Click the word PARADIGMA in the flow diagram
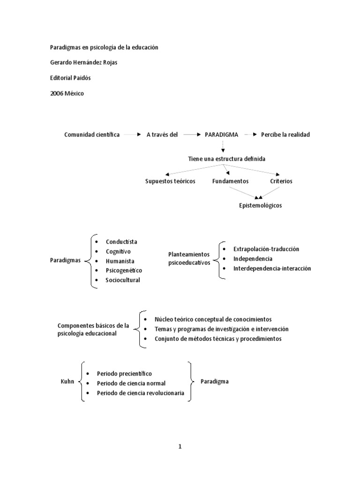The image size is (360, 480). tap(221, 135)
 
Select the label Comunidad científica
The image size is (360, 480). tap(92, 135)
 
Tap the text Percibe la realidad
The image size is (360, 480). tap(285, 135)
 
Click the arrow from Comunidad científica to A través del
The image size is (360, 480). tap(133, 135)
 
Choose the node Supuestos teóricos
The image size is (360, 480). tap(170, 181)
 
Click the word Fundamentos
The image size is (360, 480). tap(230, 181)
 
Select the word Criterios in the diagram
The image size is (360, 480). tap(281, 181)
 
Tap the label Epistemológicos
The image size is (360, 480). tap(261, 205)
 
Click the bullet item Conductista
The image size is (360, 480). tap(121, 242)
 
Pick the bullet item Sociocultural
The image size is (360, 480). tap(123, 280)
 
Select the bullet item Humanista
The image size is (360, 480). tap(120, 261)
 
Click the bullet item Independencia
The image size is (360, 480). tap(253, 259)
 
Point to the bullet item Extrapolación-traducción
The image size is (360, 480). tap(266, 249)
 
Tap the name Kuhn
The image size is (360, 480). tap(68, 382)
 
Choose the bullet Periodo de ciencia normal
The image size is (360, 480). tap(131, 383)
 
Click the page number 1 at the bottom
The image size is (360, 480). tap(180, 446)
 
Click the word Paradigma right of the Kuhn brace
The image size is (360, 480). tap(215, 382)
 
